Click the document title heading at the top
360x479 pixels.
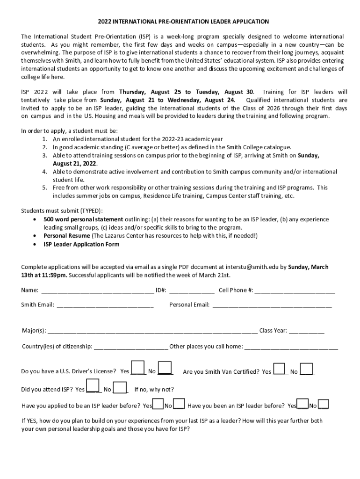click(x=183, y=22)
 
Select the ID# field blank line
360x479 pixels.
click(x=192, y=291)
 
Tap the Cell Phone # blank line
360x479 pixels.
click(x=295, y=291)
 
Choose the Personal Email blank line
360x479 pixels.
click(x=272, y=306)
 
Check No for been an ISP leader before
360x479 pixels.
click(x=324, y=404)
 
